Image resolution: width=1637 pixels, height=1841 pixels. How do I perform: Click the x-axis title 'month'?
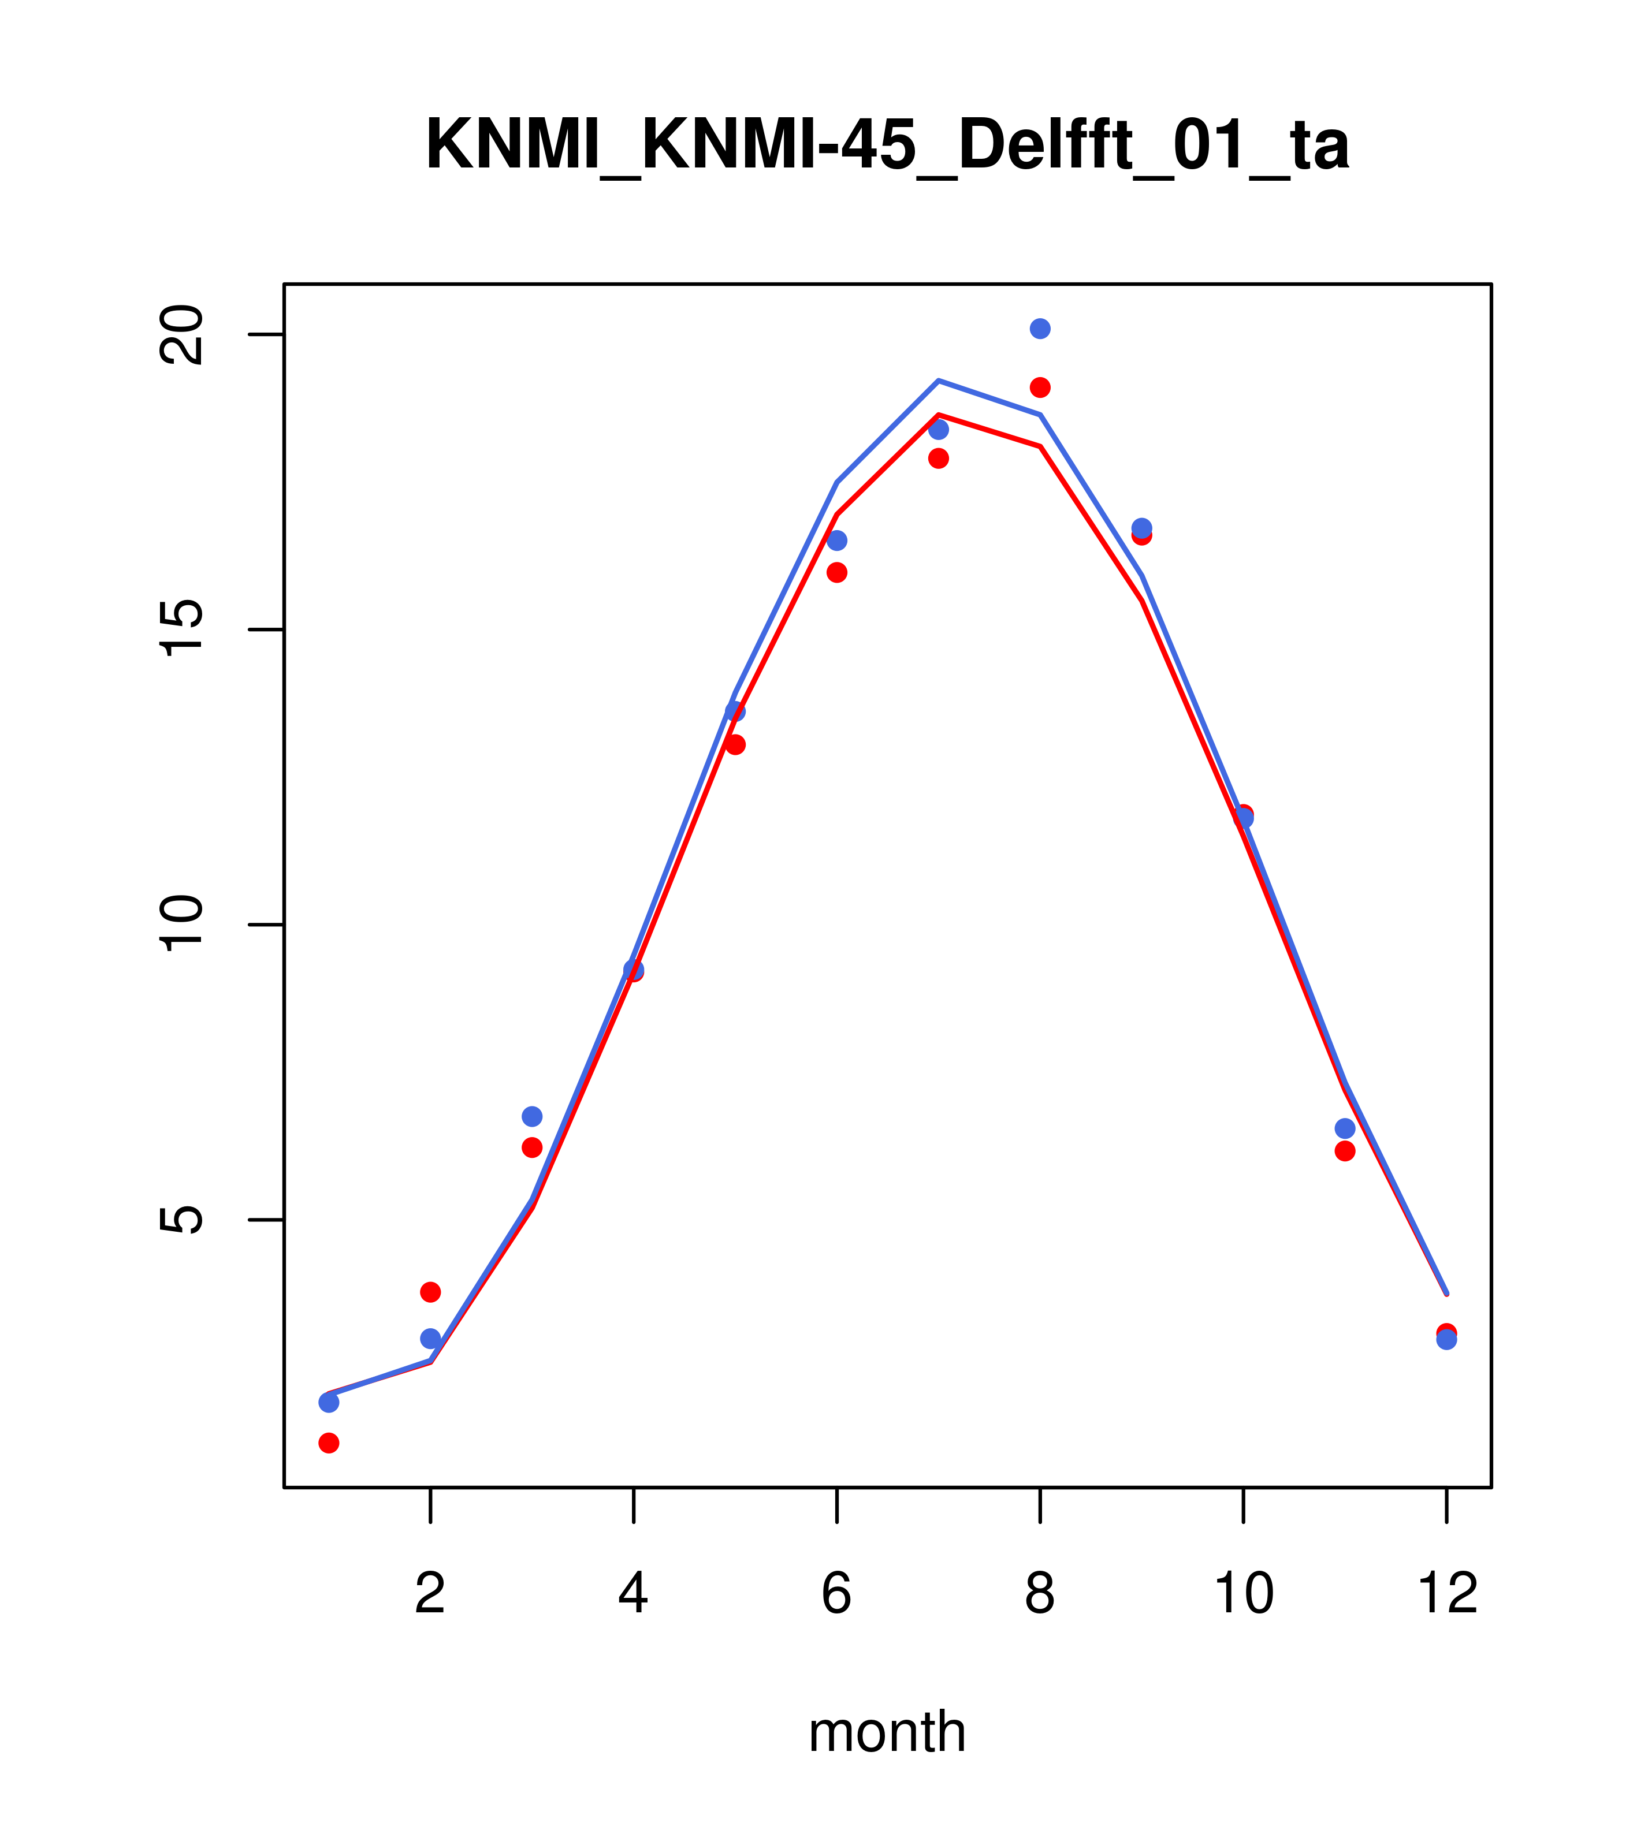[x=887, y=1731]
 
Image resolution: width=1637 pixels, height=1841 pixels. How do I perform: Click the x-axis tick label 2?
[x=431, y=1593]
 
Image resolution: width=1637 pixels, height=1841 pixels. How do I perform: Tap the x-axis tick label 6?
[x=837, y=1593]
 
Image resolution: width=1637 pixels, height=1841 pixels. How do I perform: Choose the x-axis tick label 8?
[x=1040, y=1593]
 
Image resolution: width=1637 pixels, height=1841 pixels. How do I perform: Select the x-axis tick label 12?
[x=1447, y=1593]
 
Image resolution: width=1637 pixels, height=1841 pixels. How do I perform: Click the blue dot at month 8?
[x=1040, y=329]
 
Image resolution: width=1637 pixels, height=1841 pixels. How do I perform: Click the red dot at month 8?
[x=1040, y=387]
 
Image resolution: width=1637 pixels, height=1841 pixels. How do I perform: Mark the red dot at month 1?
[x=329, y=1443]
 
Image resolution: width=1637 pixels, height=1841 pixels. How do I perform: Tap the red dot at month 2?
[x=431, y=1292]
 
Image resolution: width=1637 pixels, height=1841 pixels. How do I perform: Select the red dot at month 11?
[x=1345, y=1151]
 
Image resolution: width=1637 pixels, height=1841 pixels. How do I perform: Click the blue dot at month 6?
[x=837, y=541]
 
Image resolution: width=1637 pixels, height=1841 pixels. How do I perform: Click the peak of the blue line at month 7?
[x=939, y=381]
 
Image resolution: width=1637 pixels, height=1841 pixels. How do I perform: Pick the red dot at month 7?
[x=939, y=459]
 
